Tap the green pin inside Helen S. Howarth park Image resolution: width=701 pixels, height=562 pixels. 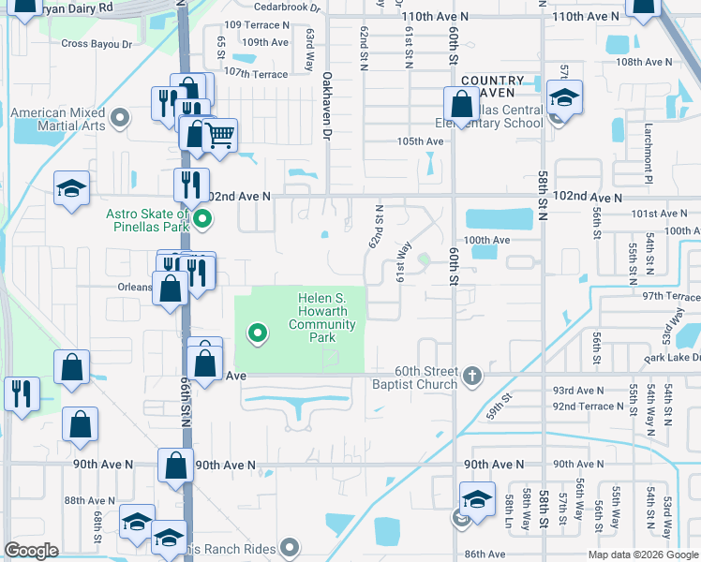256,332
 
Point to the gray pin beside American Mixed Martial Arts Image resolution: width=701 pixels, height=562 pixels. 120,117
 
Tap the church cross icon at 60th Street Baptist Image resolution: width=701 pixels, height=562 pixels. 471,377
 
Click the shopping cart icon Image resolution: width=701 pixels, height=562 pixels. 219,136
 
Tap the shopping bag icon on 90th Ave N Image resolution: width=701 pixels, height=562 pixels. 175,465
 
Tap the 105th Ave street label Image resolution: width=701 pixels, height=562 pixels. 419,141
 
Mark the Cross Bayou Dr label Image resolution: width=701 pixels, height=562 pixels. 93,43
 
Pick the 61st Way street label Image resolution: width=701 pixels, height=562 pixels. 404,261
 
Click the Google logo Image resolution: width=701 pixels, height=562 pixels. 32,551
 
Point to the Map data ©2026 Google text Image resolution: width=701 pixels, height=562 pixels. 642,555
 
